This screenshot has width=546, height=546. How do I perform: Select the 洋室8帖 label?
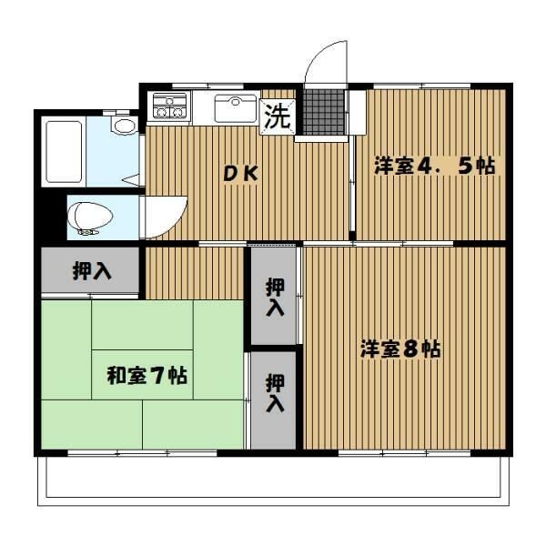(400, 349)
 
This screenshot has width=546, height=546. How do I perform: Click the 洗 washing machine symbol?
(277, 116)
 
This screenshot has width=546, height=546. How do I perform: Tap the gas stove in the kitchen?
(169, 107)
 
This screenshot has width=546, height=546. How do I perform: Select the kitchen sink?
(235, 108)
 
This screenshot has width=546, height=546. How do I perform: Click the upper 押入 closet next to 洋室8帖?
(275, 297)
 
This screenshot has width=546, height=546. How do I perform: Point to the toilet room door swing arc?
(164, 217)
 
